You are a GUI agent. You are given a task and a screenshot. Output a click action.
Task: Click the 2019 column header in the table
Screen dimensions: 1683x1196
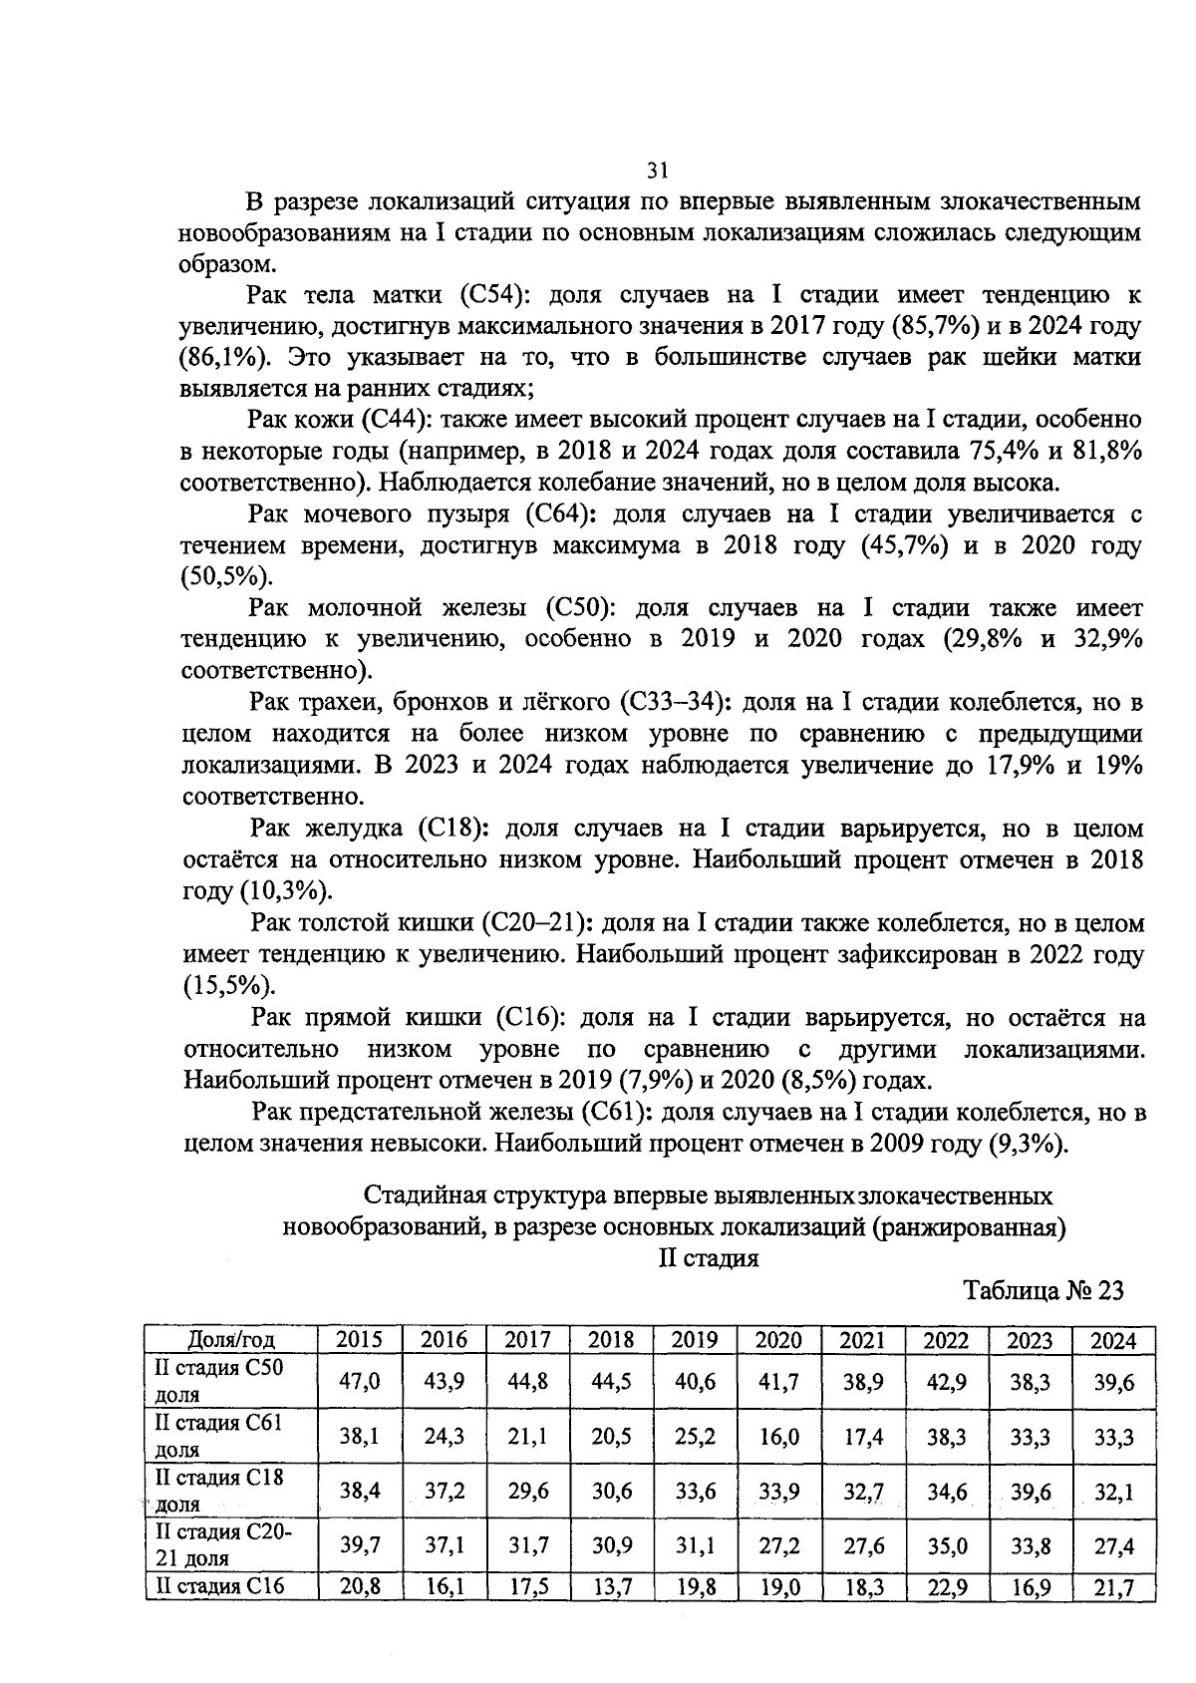[695, 1340]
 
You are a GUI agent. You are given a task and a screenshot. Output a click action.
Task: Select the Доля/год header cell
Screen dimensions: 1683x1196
[231, 1340]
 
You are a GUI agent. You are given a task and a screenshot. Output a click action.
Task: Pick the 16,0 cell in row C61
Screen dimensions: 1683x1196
[778, 1437]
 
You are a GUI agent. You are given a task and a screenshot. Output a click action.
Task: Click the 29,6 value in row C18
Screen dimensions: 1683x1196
[527, 1492]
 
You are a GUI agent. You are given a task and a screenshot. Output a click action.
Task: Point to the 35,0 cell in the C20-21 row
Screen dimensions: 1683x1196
[946, 1546]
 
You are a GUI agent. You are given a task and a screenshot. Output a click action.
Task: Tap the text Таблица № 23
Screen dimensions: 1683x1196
[1043, 1290]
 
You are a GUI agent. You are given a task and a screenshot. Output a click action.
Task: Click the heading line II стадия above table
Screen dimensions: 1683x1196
[709, 1258]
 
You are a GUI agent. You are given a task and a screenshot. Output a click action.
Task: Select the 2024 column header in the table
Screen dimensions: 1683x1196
[1113, 1340]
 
